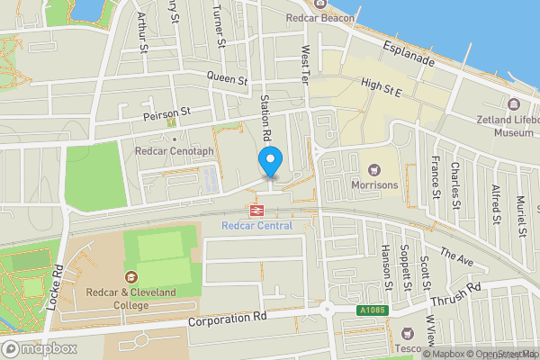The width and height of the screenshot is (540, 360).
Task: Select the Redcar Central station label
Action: [x=256, y=225]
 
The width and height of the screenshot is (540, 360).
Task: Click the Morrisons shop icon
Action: [x=373, y=168]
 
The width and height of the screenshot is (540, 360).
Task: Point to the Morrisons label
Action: [x=373, y=184]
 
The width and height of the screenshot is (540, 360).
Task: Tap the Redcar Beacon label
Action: [x=319, y=17]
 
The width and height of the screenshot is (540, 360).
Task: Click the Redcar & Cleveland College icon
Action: [x=132, y=277]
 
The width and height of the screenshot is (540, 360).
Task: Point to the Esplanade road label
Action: [x=408, y=53]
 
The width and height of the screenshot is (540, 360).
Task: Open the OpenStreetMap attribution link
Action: [x=494, y=353]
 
